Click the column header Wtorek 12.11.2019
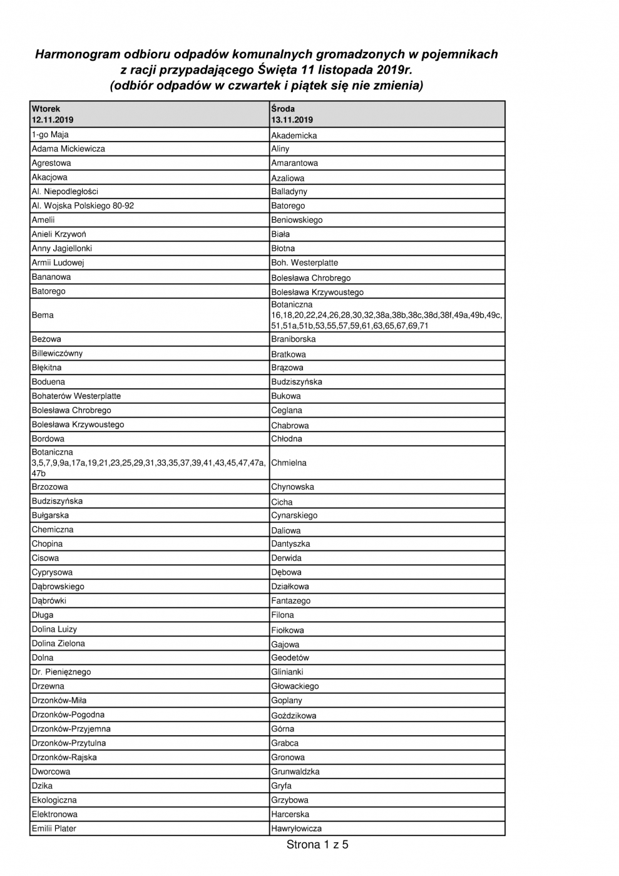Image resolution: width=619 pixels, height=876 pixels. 53,114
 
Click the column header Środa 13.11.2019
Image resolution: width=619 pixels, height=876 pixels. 292,114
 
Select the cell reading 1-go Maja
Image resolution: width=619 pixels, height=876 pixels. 50,135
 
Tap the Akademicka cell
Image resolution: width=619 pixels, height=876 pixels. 294,135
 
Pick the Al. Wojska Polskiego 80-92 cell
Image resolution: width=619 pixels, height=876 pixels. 83,206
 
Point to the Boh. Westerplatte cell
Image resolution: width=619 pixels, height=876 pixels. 304,263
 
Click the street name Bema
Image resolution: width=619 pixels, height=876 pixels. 43,315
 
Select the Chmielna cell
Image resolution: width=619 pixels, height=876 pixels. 289,463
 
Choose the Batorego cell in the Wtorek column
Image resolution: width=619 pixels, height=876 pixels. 48,291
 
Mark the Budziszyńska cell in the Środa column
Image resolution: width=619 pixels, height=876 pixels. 297,382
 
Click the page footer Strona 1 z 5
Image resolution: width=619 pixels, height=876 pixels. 317,845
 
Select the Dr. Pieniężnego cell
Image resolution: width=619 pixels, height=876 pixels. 61,672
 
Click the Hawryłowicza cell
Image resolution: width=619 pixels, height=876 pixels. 297,828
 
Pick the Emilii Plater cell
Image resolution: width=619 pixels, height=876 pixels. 54,828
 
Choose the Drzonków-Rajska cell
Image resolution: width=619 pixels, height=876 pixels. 64,757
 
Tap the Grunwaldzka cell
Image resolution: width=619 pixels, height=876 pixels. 295,771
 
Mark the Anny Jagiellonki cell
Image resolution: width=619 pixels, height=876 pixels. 62,249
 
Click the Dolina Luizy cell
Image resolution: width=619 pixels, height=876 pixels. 54,629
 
